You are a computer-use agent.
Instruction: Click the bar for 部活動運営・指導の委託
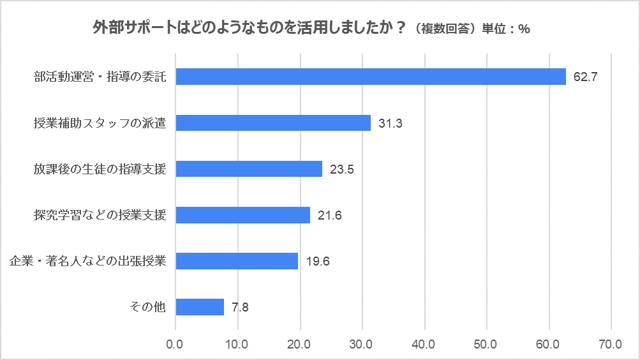pos(370,77)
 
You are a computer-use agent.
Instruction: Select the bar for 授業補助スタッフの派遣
pos(273,123)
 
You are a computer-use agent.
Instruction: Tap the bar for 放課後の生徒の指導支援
pos(249,169)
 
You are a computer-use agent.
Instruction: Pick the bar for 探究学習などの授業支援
pos(242,215)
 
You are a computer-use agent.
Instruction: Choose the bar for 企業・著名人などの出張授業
pos(237,261)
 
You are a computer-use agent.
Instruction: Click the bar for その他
pos(200,307)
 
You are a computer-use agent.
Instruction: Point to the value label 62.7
pos(584,78)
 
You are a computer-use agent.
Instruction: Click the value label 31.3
pos(389,124)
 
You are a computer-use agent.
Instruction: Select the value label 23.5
pos(341,170)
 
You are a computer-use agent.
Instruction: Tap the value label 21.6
pos(329,216)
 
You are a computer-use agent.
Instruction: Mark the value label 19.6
pos(317,262)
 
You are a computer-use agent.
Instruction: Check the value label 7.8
pos(240,308)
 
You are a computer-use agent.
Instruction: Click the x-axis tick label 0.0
pos(175,345)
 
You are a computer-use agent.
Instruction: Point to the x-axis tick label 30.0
pos(362,345)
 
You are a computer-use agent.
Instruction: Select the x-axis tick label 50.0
pos(486,345)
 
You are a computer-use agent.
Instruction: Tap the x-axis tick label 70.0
pos(611,345)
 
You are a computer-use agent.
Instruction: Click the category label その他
pos(147,308)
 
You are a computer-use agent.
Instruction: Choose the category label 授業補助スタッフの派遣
pos(100,124)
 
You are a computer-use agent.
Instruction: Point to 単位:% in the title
pos(506,29)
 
